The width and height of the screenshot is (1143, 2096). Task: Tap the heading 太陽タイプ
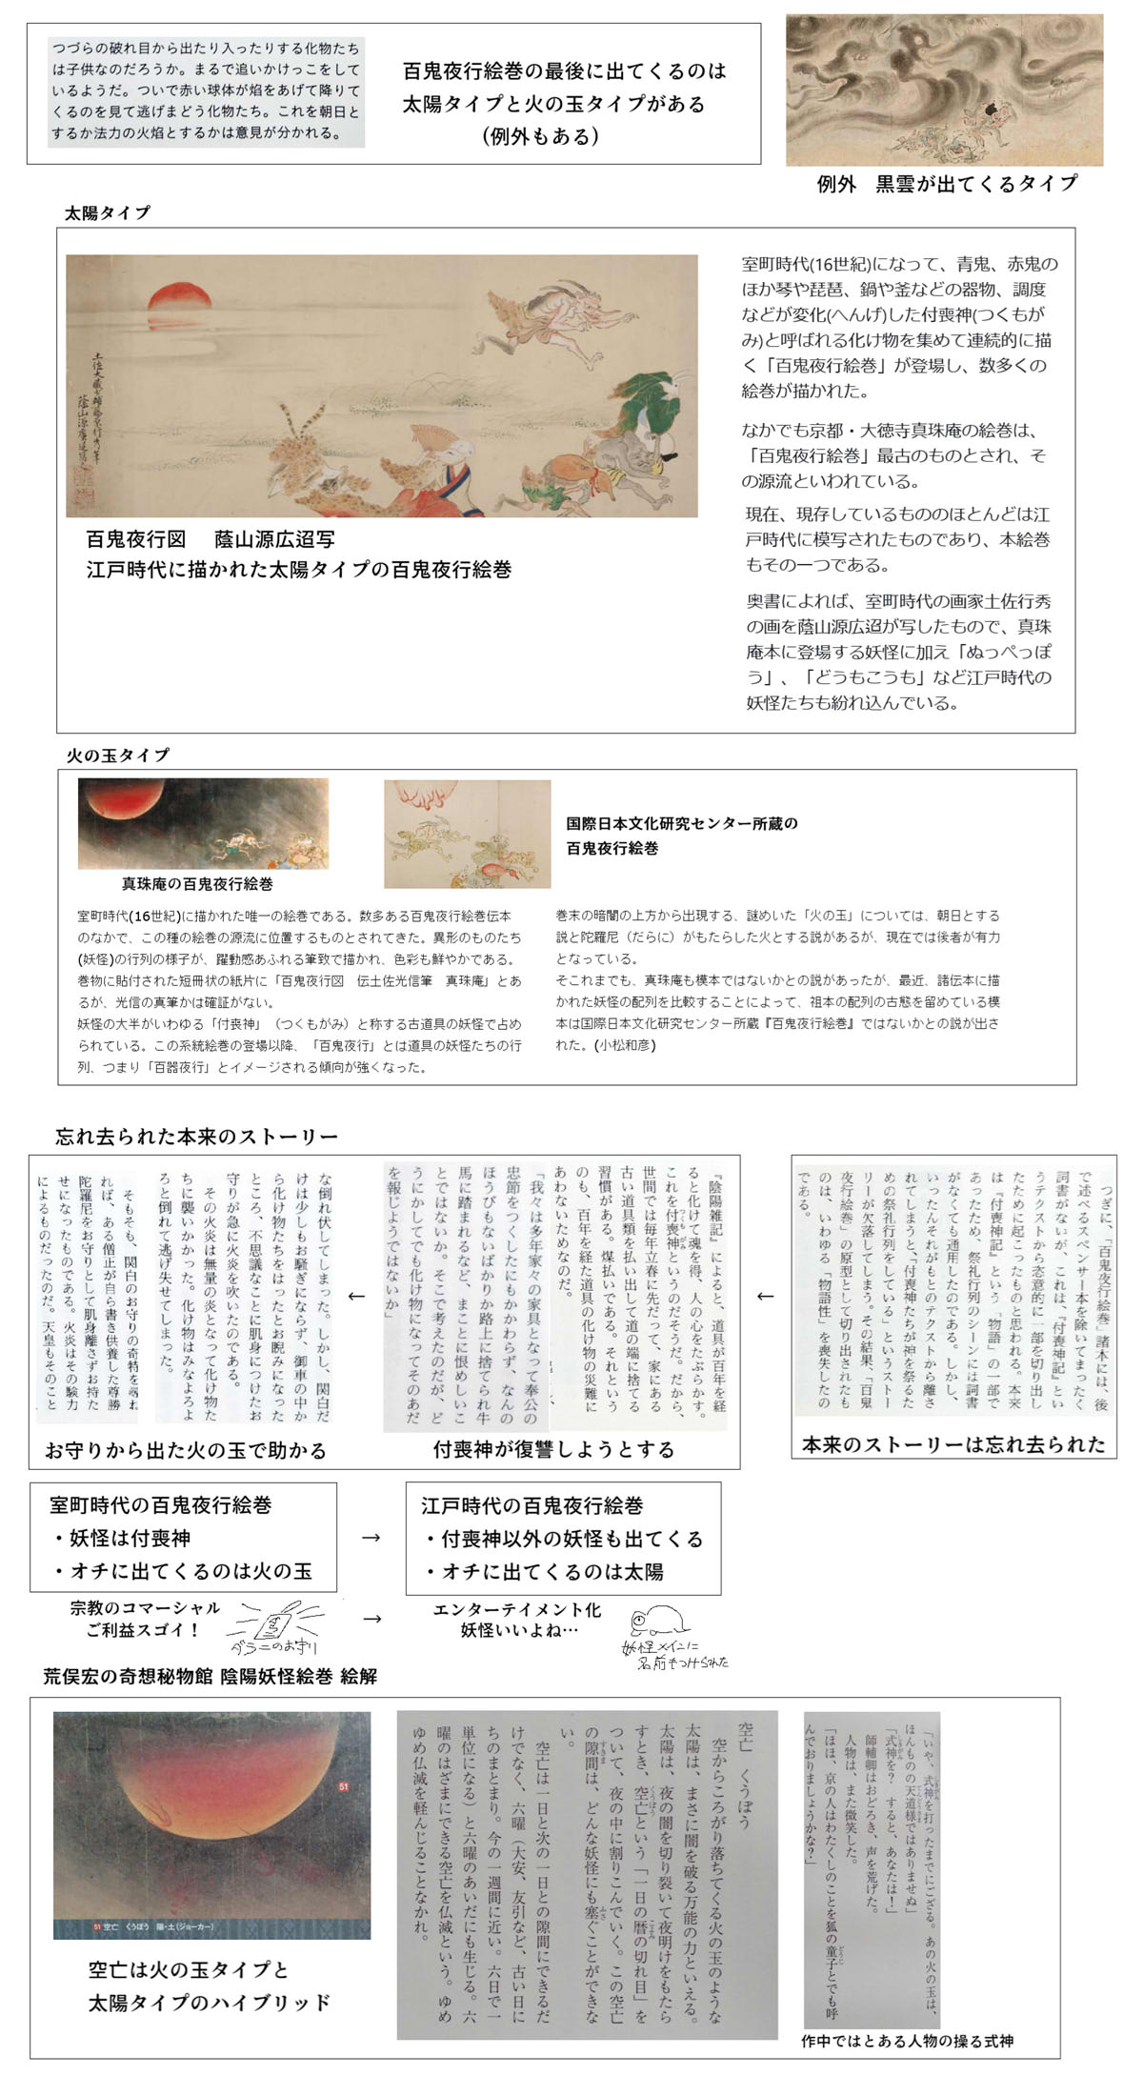107,213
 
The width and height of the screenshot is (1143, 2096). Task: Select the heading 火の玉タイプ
117,756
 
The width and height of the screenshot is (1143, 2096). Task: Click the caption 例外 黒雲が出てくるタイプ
947,184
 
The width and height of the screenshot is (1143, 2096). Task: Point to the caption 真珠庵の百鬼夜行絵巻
197,884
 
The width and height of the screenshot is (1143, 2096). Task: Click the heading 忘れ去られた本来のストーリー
196,1137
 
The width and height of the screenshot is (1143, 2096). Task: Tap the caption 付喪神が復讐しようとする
553,1450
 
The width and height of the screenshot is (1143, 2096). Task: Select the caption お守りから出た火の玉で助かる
186,1451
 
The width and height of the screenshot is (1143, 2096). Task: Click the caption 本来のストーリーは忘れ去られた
953,1444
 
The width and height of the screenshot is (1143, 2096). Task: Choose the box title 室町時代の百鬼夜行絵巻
161,1505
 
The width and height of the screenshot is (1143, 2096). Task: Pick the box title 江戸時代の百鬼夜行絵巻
532,1506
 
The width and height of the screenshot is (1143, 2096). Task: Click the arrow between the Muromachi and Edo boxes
371,1538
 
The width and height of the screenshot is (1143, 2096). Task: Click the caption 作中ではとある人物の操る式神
907,2041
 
